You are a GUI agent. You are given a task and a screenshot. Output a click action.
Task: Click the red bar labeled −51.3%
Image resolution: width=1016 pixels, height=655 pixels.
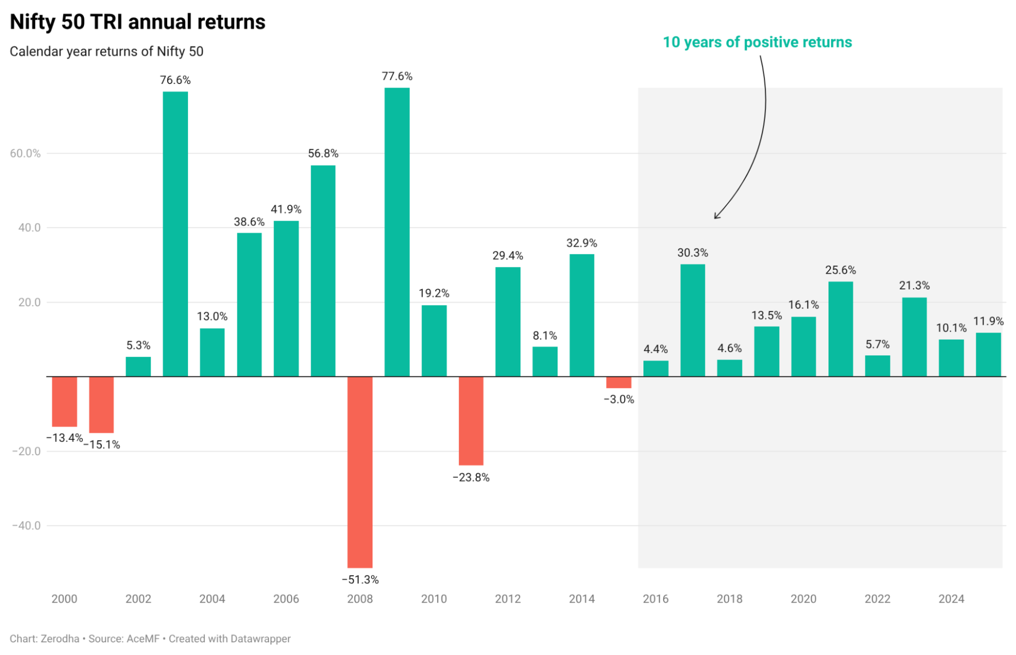pyautogui.click(x=360, y=471)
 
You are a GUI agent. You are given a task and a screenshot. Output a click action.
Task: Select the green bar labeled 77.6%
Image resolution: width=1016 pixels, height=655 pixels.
pyautogui.click(x=397, y=232)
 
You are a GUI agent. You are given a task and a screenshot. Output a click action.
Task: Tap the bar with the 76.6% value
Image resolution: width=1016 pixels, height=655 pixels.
pyautogui.click(x=175, y=234)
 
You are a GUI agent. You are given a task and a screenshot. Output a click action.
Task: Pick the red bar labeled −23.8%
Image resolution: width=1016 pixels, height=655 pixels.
pyautogui.click(x=471, y=421)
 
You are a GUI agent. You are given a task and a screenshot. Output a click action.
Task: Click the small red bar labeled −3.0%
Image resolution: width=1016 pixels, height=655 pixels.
pyautogui.click(x=619, y=382)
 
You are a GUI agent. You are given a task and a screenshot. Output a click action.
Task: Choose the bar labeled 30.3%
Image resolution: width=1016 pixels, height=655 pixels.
pyautogui.click(x=692, y=320)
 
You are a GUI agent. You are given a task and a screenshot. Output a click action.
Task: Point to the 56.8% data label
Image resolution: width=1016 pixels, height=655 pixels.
pyautogui.click(x=323, y=154)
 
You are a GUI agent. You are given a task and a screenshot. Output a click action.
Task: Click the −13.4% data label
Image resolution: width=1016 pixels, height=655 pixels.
pyautogui.click(x=65, y=438)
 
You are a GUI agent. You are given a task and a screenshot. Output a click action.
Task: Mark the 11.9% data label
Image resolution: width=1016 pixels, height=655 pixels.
pyautogui.click(x=988, y=321)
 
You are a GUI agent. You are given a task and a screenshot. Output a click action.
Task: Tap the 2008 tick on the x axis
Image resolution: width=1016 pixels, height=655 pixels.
pyautogui.click(x=360, y=599)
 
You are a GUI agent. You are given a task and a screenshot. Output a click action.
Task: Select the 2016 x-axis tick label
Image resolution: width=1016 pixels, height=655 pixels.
pyautogui.click(x=656, y=599)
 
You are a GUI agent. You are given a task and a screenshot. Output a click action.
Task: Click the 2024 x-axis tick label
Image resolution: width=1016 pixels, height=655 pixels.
pyautogui.click(x=951, y=599)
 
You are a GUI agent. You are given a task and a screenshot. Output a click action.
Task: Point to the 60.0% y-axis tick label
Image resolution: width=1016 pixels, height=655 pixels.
pyautogui.click(x=25, y=154)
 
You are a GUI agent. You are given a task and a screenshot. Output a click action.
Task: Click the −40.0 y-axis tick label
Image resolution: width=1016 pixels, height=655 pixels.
pyautogui.click(x=26, y=526)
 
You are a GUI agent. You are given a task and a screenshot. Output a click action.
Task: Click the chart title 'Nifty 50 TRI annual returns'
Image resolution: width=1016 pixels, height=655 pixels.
pyautogui.click(x=138, y=22)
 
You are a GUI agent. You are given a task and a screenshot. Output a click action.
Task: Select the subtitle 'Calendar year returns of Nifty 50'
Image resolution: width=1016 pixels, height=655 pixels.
pyautogui.click(x=107, y=52)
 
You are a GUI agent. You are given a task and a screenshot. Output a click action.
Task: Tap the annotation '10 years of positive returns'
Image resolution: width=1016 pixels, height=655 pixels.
pyautogui.click(x=757, y=42)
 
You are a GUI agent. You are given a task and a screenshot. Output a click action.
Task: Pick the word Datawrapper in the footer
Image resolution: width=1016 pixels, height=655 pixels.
pyautogui.click(x=260, y=639)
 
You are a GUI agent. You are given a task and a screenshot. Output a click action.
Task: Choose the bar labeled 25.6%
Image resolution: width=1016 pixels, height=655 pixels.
pyautogui.click(x=840, y=329)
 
